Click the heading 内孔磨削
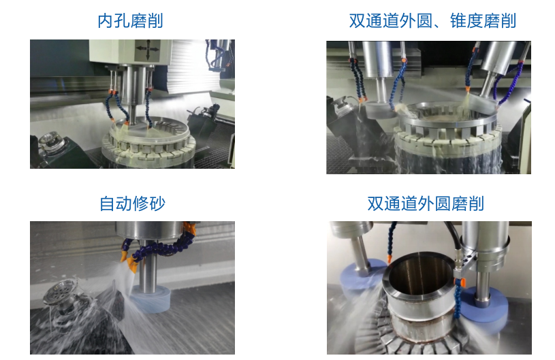pyautogui.click(x=130, y=21)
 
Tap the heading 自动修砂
pyautogui.click(x=132, y=203)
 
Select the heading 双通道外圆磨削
pyautogui.click(x=426, y=203)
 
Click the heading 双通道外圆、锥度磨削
pyautogui.click(x=432, y=21)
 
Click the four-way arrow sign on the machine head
pyautogui.click(x=148, y=50)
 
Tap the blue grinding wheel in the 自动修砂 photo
pyautogui.click(x=151, y=299)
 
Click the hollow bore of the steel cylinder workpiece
pyautogui.click(x=418, y=274)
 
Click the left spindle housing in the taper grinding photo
pyautogui.click(x=378, y=59)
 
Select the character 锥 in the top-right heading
pyautogui.click(x=458, y=21)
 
